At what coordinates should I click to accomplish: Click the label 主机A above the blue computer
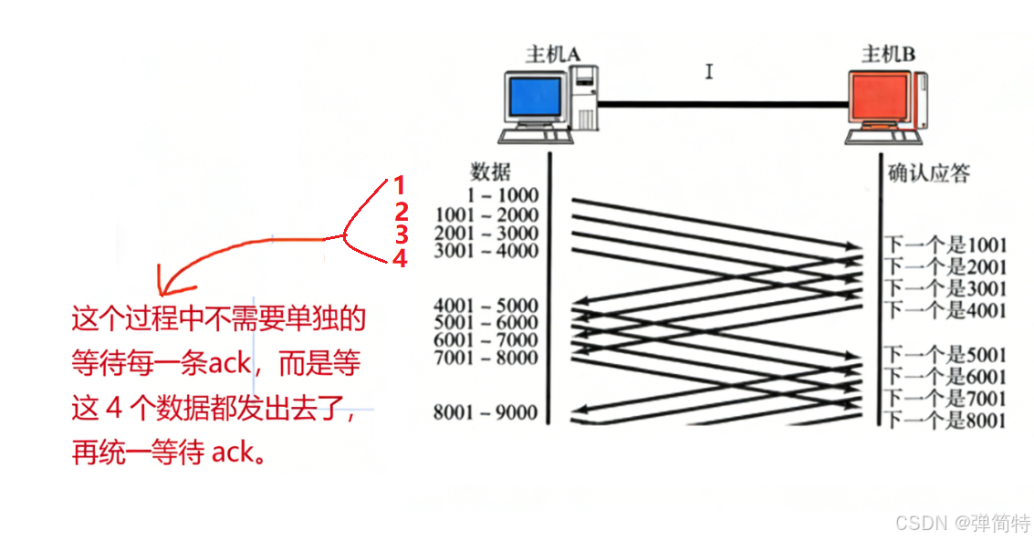pyautogui.click(x=553, y=54)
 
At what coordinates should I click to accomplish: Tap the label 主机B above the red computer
pyautogui.click(x=888, y=54)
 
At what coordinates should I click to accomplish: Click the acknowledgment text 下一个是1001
pyautogui.click(x=945, y=245)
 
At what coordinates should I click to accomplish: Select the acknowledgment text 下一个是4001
pyautogui.click(x=945, y=310)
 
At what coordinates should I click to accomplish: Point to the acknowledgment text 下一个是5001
pyautogui.click(x=945, y=355)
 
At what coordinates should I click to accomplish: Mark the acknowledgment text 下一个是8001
pyautogui.click(x=945, y=421)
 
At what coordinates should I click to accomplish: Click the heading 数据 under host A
pyautogui.click(x=490, y=172)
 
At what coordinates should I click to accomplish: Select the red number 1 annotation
pyautogui.click(x=399, y=185)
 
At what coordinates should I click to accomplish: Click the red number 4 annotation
pyautogui.click(x=399, y=260)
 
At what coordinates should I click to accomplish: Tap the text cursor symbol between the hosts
pyautogui.click(x=709, y=71)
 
